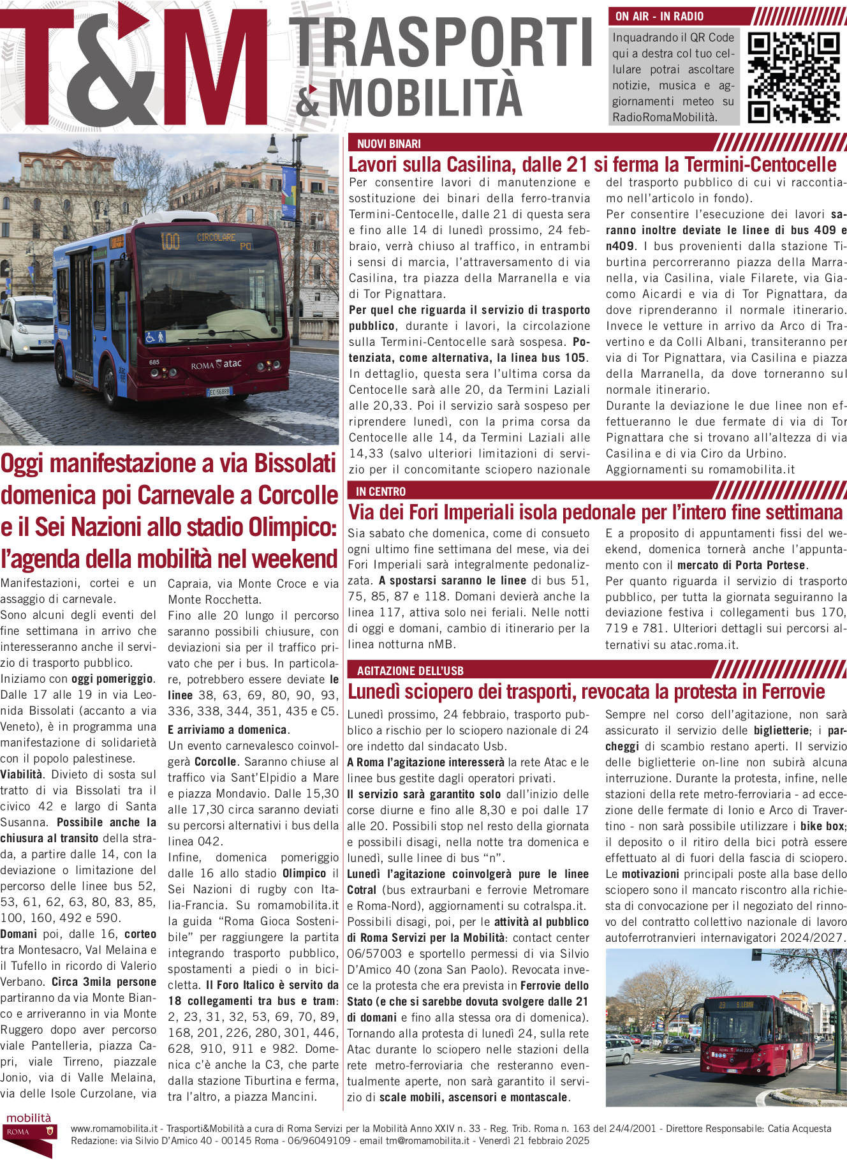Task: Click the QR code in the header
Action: [793, 77]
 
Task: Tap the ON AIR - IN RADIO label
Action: [659, 17]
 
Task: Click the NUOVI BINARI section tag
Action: [388, 144]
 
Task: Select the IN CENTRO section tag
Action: [380, 491]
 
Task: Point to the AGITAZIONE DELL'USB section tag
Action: [409, 671]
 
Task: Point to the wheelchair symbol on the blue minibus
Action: [151, 338]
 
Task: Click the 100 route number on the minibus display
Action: [170, 241]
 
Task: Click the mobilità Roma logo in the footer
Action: [29, 1132]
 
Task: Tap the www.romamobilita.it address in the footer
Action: [114, 1128]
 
